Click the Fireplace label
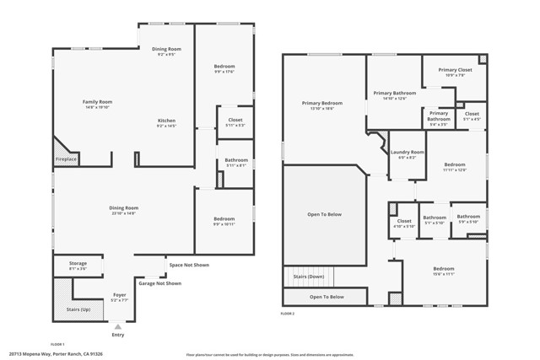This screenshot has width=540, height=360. click(x=66, y=159)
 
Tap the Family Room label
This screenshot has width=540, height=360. click(x=97, y=102)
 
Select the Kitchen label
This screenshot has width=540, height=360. click(x=166, y=121)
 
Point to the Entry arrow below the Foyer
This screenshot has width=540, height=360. click(x=117, y=325)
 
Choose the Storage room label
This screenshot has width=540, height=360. click(x=78, y=263)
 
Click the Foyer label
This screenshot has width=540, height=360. click(x=120, y=295)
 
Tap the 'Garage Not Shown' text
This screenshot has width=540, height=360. click(x=160, y=283)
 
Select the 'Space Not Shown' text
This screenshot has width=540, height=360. click(x=188, y=265)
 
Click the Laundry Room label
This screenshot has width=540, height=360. click(x=406, y=152)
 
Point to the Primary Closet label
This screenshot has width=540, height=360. click(x=455, y=70)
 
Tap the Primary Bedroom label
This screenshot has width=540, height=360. click(x=322, y=103)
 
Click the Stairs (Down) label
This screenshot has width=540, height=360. click(x=308, y=277)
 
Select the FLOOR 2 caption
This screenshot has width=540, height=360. click(x=288, y=313)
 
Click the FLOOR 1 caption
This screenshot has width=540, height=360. click(x=57, y=344)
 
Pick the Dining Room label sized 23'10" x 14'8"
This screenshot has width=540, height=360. click(x=123, y=207)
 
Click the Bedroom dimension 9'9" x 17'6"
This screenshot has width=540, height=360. click(x=224, y=72)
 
